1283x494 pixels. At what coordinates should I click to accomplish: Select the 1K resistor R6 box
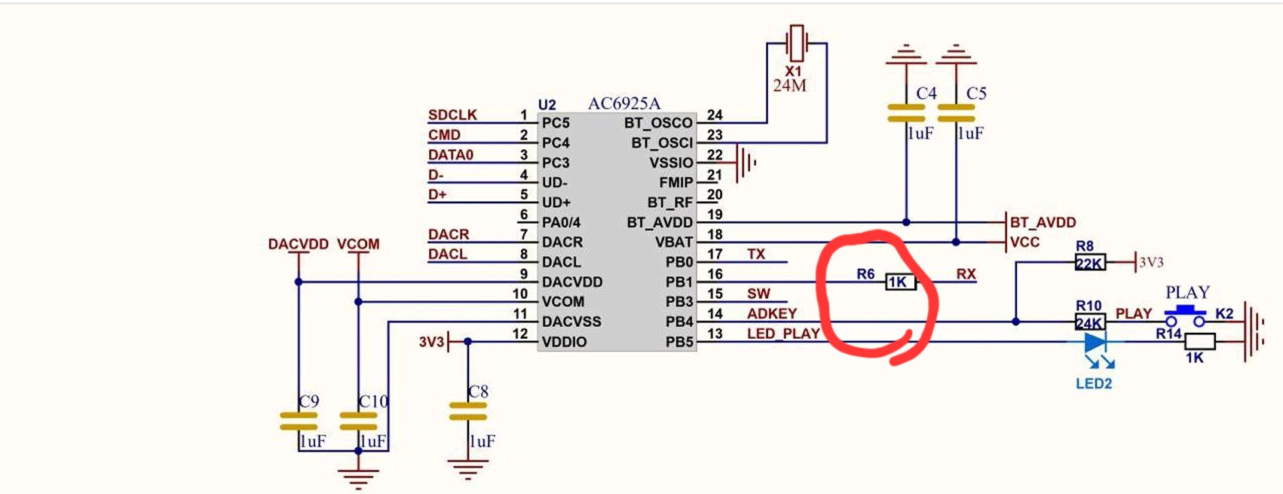click(900, 282)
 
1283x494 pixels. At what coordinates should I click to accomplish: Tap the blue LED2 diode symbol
click(1094, 343)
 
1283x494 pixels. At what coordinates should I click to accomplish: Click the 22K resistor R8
click(1090, 263)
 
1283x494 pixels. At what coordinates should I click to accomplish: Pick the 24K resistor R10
click(1090, 322)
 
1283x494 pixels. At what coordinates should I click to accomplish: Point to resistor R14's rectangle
click(1199, 342)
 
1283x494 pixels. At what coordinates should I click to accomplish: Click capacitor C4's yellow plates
click(906, 113)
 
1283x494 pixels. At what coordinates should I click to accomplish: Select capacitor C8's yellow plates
click(467, 411)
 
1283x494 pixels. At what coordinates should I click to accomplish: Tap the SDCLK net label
click(452, 114)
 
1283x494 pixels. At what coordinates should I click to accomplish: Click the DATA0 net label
click(451, 154)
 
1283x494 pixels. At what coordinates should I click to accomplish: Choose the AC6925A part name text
click(623, 103)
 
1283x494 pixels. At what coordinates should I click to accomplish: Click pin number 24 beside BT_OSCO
click(715, 114)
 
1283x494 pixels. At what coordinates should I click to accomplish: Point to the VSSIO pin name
click(671, 163)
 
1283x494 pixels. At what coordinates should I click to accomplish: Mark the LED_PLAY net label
click(783, 333)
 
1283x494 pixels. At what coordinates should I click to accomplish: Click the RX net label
click(966, 273)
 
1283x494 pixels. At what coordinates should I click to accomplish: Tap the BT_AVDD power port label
click(1043, 222)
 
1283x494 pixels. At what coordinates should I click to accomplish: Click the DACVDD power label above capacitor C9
click(298, 244)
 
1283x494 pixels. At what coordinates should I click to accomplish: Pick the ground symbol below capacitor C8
click(467, 470)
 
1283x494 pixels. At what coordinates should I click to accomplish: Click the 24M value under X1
click(789, 86)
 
